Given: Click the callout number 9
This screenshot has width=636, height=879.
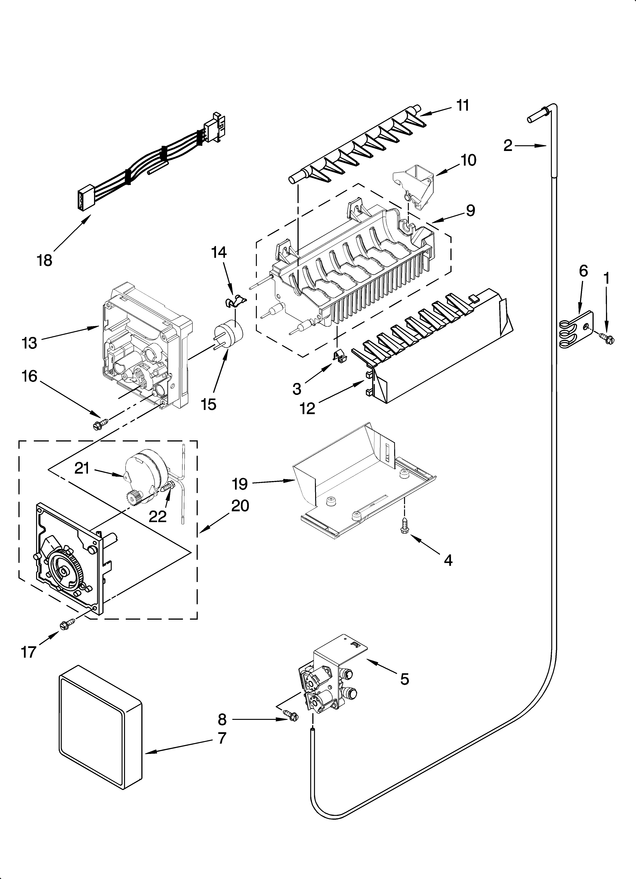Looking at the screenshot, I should (470, 210).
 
